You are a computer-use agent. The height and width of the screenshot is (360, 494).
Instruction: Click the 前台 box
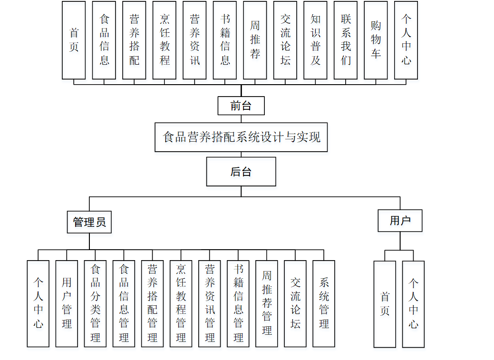point(241,106)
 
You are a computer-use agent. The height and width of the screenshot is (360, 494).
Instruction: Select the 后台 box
point(241,172)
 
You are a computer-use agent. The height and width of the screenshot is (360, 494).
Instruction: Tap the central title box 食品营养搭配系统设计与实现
point(241,137)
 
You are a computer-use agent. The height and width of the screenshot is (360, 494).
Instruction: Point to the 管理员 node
point(89,222)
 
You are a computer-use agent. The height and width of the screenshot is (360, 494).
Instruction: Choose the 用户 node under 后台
point(400,221)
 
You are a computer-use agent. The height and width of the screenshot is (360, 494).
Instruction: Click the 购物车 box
point(376,40)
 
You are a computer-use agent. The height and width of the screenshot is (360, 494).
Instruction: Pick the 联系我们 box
point(346,40)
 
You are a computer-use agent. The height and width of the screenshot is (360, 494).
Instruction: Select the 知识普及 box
point(315,40)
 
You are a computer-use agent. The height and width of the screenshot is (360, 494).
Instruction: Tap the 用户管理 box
point(67,303)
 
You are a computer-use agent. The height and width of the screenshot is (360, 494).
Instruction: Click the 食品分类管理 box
point(95,303)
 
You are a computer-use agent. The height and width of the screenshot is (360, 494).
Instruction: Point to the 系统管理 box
point(324,303)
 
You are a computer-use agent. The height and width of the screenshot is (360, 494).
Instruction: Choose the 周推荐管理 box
point(267,303)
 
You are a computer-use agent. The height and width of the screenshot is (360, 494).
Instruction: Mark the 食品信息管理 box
point(124,303)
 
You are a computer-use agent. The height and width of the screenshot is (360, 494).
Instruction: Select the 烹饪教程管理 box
point(181,303)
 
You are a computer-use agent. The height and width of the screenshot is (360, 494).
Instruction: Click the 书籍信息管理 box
point(238,303)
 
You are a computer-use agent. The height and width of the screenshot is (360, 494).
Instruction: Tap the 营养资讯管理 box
point(210,303)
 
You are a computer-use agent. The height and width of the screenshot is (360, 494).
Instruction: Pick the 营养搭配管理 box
point(152,303)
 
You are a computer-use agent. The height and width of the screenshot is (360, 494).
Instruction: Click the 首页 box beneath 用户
point(385,304)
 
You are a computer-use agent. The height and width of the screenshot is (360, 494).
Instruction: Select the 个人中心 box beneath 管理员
point(38,303)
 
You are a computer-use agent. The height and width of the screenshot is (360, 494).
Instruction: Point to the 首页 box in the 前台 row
point(74,40)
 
